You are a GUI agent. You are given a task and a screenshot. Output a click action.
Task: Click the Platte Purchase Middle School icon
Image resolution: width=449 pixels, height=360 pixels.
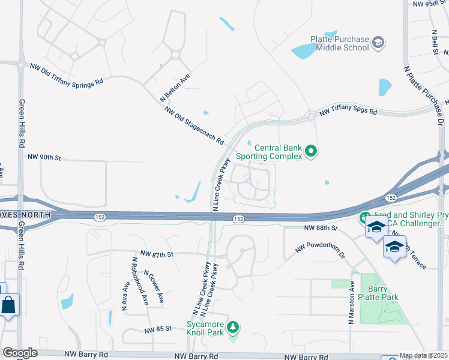point(378,42)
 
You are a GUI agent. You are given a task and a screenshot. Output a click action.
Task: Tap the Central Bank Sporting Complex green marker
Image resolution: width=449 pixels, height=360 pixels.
point(311,151)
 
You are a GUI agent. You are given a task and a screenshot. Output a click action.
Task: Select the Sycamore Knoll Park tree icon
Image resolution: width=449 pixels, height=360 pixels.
point(235,328)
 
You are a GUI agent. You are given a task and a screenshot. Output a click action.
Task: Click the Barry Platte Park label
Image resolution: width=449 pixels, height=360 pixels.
point(383,293)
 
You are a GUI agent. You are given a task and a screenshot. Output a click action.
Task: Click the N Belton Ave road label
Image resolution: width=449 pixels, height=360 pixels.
point(175,87)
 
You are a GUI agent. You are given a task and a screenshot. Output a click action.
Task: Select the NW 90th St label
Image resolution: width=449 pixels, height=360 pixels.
point(44,157)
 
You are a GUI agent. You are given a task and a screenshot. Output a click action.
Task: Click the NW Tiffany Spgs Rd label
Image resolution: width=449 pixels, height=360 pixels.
point(348,112)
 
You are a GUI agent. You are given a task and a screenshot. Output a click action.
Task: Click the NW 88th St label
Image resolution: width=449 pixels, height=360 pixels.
point(322,229)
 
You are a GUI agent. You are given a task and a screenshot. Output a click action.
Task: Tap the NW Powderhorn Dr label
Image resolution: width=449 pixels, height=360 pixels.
point(321,251)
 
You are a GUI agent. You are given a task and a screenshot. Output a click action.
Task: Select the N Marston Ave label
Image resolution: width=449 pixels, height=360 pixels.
point(351,303)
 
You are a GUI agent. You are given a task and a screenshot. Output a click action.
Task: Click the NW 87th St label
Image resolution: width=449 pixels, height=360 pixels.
point(157,254)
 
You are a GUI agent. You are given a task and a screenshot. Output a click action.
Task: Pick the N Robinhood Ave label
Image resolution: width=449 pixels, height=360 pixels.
point(140,283)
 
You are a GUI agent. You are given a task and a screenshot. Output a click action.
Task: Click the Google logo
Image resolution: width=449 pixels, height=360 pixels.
point(20,353)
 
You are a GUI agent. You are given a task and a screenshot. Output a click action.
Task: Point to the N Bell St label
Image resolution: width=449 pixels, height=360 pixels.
point(433,43)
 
